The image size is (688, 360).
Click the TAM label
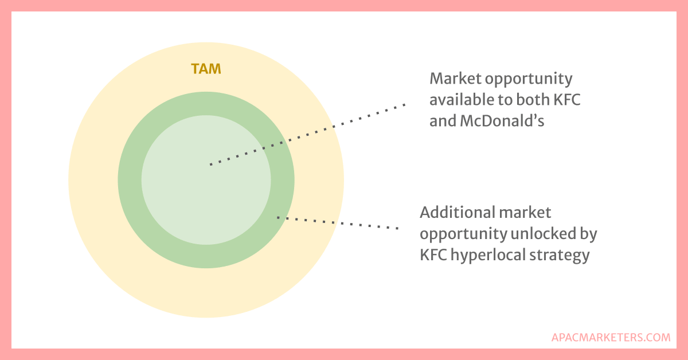[206, 69]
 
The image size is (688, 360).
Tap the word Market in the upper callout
[455, 79]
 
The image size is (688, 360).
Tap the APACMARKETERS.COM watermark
[611, 337]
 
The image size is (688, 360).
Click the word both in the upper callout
[533, 100]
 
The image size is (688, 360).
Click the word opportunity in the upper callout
[536, 79]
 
